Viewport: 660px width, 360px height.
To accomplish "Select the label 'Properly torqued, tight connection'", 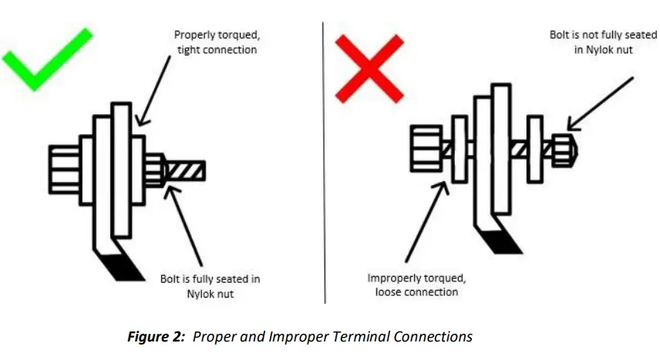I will [215, 42].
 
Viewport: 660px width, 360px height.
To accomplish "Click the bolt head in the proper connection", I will [63, 168].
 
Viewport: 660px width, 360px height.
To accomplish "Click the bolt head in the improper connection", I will [425, 149].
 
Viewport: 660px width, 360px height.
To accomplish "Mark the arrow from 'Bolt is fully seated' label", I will [189, 224].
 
